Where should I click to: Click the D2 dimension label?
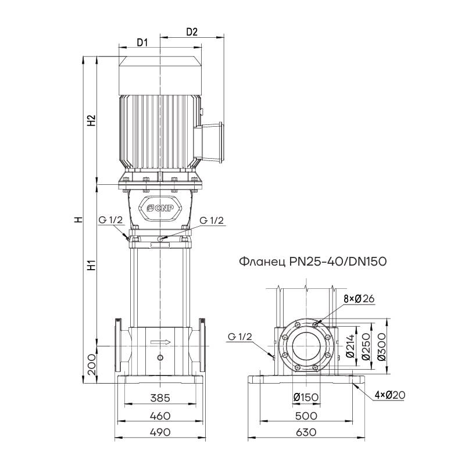(x=192, y=33)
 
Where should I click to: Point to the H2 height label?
(x=91, y=121)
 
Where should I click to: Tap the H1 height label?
(x=91, y=266)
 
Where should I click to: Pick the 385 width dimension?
(x=160, y=399)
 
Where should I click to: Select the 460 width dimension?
(x=160, y=416)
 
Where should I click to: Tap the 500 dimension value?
(x=306, y=416)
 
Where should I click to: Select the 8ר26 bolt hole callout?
(x=359, y=298)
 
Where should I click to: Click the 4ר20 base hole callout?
(x=389, y=395)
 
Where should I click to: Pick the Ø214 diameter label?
(x=350, y=346)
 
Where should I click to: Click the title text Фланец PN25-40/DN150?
(x=313, y=262)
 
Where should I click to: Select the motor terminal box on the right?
(x=212, y=141)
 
